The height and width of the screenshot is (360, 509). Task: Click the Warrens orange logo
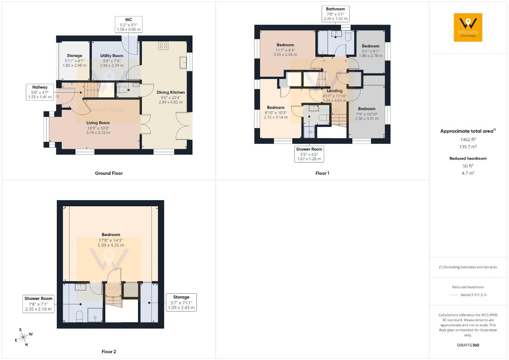click(468, 27)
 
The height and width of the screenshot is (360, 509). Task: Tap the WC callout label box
click(128, 25)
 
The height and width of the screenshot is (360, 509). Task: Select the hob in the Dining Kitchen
click(163, 45)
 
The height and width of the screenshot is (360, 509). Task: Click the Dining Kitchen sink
click(183, 62)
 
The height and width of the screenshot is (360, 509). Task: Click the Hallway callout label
click(40, 92)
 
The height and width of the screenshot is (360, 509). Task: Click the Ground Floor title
click(109, 173)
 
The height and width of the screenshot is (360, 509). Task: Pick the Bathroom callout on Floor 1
click(335, 14)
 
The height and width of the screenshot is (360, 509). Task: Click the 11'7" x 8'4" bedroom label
click(285, 50)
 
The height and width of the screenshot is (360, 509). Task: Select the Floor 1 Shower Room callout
click(309, 154)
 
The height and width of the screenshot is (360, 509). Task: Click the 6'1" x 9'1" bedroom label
click(371, 51)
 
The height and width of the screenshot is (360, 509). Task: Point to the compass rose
click(23, 337)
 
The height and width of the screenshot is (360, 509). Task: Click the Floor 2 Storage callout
click(181, 302)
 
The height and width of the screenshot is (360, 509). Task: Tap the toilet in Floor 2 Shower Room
click(79, 316)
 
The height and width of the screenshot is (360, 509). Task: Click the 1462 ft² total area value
click(468, 139)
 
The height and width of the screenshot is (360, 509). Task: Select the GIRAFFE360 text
click(468, 345)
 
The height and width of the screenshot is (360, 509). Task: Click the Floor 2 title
click(109, 352)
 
